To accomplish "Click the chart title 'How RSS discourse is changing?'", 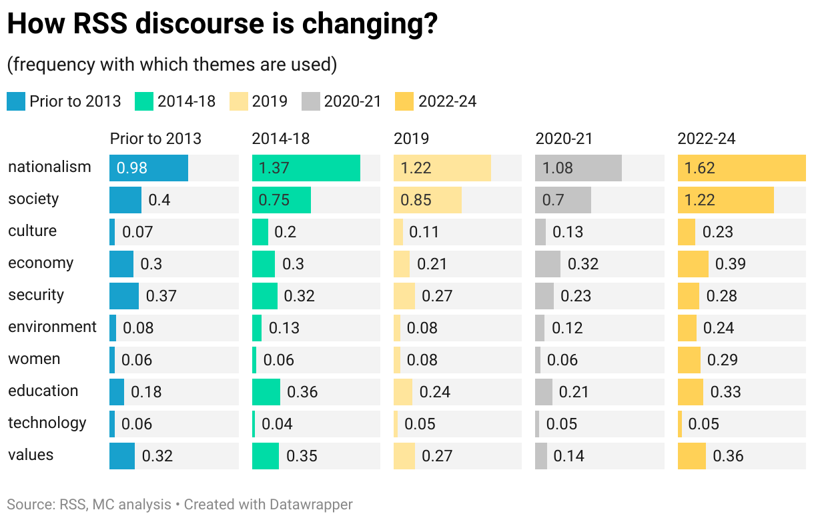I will coord(222,24).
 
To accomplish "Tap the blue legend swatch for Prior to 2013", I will coord(16,101).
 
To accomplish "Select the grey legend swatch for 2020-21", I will coord(311,101).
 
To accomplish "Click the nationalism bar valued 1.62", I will coord(741,168).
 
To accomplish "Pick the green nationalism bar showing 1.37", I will coord(306,168).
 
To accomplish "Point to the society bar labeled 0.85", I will coord(427,200).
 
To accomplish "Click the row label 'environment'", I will coord(52,327).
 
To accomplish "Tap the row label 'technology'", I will coord(47,423).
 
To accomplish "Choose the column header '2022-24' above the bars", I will coord(707,139).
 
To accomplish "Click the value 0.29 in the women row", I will coord(723,360).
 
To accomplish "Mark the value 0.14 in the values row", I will coord(569,456).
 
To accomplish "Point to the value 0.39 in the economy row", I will coord(731,264).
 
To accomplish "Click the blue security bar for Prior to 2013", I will coord(124,296).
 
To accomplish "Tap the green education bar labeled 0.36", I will coord(266,392).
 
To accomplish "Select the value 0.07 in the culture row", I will coord(137,232).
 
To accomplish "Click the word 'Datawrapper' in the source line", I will coord(311,505).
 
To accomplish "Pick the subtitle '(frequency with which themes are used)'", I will coord(171,65).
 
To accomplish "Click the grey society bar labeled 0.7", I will coord(562,200).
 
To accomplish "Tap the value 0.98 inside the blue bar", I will coord(132,168).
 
